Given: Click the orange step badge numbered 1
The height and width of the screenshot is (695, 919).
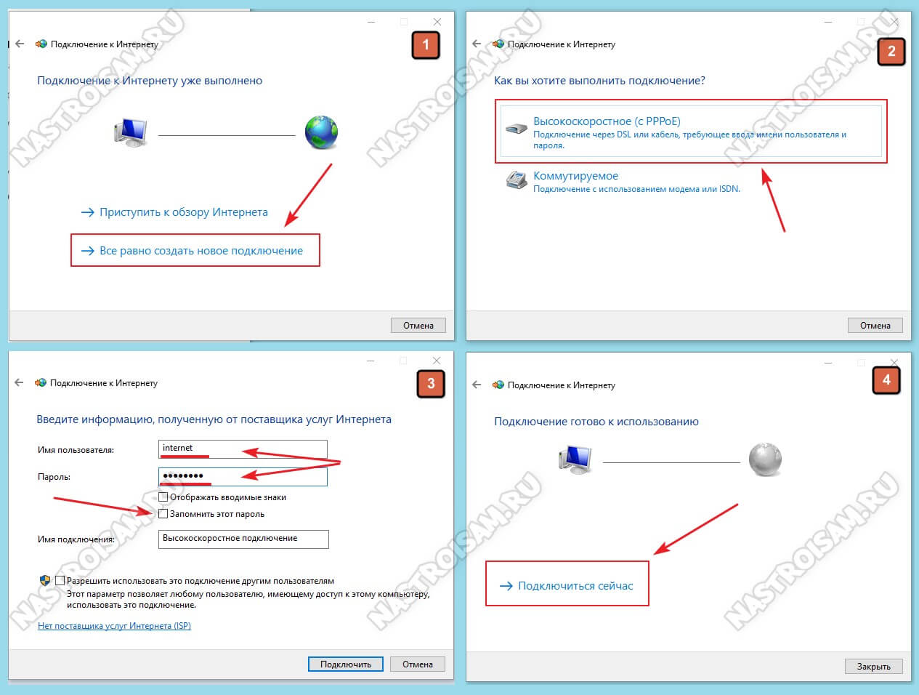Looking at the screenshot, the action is [426, 44].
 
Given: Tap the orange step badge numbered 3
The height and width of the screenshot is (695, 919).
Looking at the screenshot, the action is [431, 384].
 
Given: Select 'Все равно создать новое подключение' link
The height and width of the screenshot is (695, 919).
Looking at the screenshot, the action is [201, 251].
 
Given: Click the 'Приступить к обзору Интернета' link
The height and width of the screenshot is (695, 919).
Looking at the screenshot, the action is [183, 212].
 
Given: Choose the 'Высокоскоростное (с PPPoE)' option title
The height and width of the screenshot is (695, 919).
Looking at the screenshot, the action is [607, 121].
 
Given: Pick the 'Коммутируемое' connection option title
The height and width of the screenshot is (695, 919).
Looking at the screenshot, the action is [575, 175].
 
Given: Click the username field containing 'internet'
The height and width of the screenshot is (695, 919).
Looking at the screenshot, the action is [243, 449].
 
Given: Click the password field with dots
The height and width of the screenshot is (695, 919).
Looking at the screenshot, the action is [243, 476].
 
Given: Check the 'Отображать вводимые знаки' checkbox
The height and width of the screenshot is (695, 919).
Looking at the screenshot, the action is [163, 497].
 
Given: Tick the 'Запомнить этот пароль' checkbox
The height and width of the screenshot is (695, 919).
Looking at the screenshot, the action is [163, 513].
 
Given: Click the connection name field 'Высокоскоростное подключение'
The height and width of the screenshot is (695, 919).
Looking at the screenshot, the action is [243, 539].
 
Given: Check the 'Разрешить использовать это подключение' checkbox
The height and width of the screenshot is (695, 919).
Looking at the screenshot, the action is [60, 580].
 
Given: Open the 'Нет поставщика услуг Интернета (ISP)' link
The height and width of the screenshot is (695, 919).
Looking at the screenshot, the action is [114, 625].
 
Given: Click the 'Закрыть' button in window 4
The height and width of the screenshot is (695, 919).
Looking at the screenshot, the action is [873, 666].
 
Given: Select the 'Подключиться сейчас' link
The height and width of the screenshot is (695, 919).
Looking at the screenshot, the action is [575, 586].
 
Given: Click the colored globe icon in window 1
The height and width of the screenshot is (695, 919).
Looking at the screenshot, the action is [321, 132].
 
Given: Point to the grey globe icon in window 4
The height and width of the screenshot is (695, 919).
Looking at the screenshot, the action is [765, 459].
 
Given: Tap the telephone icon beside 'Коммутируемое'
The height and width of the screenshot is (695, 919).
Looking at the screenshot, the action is [517, 180].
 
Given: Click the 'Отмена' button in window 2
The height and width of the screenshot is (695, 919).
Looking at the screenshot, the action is [875, 325].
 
